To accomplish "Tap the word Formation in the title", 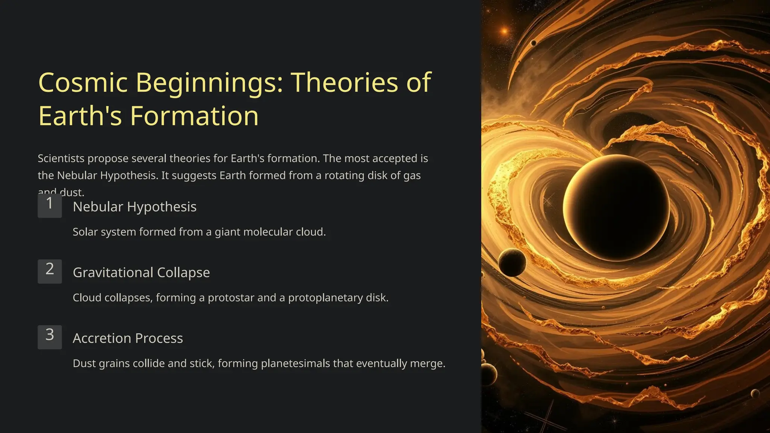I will [x=194, y=116].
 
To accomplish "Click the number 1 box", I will [x=50, y=205].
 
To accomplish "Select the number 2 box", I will [x=50, y=271].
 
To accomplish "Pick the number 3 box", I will [x=50, y=337].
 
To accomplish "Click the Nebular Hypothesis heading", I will [x=134, y=207].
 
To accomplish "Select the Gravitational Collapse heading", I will [x=141, y=273].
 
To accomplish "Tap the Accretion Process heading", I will [x=127, y=338].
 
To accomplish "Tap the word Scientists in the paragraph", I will [x=61, y=159].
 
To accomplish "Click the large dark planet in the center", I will [x=617, y=208].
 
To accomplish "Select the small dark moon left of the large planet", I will [x=512, y=262].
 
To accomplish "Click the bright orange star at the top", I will [x=504, y=31].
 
